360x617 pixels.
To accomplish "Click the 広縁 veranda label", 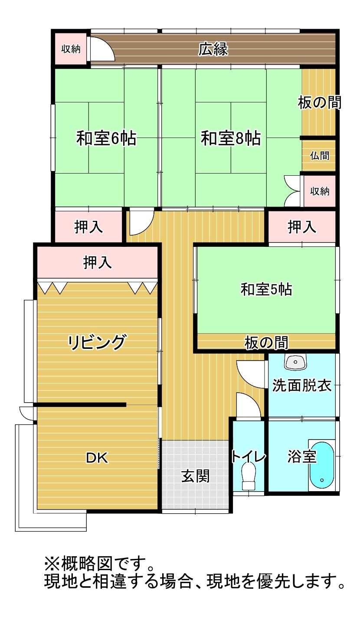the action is tap(213, 49).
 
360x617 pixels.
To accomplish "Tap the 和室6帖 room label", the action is tap(106, 138).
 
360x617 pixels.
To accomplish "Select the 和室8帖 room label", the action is tap(231, 138).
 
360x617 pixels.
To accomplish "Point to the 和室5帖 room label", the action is tap(266, 289).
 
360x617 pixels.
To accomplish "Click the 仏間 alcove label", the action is tap(320, 156).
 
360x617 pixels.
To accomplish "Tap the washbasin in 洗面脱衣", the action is tap(295, 362).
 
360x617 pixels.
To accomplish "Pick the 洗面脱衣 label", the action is tap(302, 386).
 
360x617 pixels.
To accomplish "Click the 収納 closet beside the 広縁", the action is tap(71, 49).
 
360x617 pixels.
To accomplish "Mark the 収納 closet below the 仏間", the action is tap(320, 191).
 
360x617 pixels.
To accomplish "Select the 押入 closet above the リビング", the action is tap(97, 262).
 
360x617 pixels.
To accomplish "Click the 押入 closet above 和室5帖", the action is tap(302, 226).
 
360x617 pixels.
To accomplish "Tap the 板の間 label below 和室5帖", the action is tap(266, 343).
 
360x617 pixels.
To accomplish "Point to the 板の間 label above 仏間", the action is tap(320, 102).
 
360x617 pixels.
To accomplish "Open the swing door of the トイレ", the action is tap(249, 405).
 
